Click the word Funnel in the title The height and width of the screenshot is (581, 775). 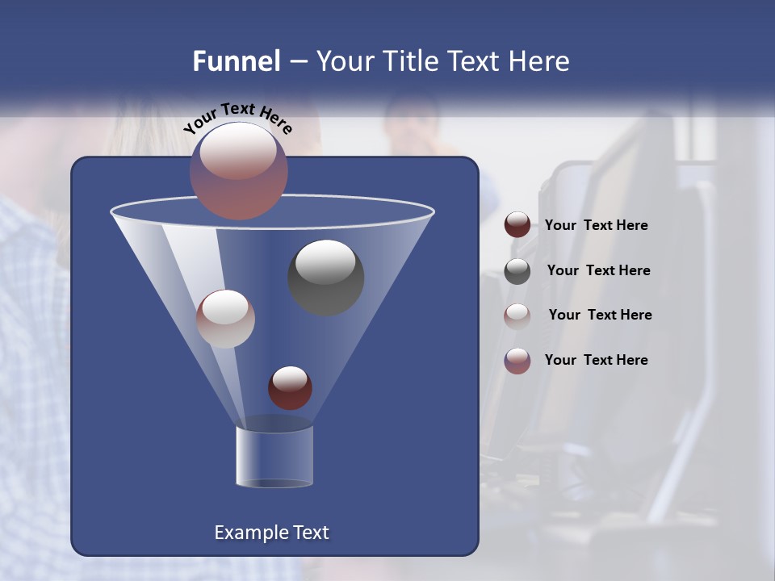pyautogui.click(x=236, y=61)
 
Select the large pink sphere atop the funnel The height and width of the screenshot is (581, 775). pyautogui.click(x=238, y=170)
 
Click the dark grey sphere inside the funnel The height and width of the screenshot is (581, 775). pyautogui.click(x=325, y=277)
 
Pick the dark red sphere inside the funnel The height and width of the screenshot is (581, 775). pyautogui.click(x=290, y=387)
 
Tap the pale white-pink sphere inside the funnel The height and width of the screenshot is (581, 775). pyautogui.click(x=225, y=319)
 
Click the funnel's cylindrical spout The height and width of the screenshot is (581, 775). pyautogui.click(x=274, y=456)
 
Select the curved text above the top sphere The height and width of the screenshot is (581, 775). pyautogui.click(x=237, y=118)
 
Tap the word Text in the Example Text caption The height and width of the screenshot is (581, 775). pyautogui.click(x=309, y=533)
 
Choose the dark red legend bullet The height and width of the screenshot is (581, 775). pyautogui.click(x=517, y=225)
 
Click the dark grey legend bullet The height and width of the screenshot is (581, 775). pyautogui.click(x=517, y=271)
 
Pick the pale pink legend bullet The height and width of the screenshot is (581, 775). pyautogui.click(x=517, y=316)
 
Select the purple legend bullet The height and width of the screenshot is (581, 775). pyautogui.click(x=517, y=361)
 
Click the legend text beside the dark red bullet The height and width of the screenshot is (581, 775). pyautogui.click(x=596, y=226)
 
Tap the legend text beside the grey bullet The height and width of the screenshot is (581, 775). pyautogui.click(x=598, y=270)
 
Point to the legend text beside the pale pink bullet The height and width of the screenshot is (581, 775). pyautogui.click(x=600, y=315)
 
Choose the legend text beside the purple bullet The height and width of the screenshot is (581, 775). pyautogui.click(x=596, y=360)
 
